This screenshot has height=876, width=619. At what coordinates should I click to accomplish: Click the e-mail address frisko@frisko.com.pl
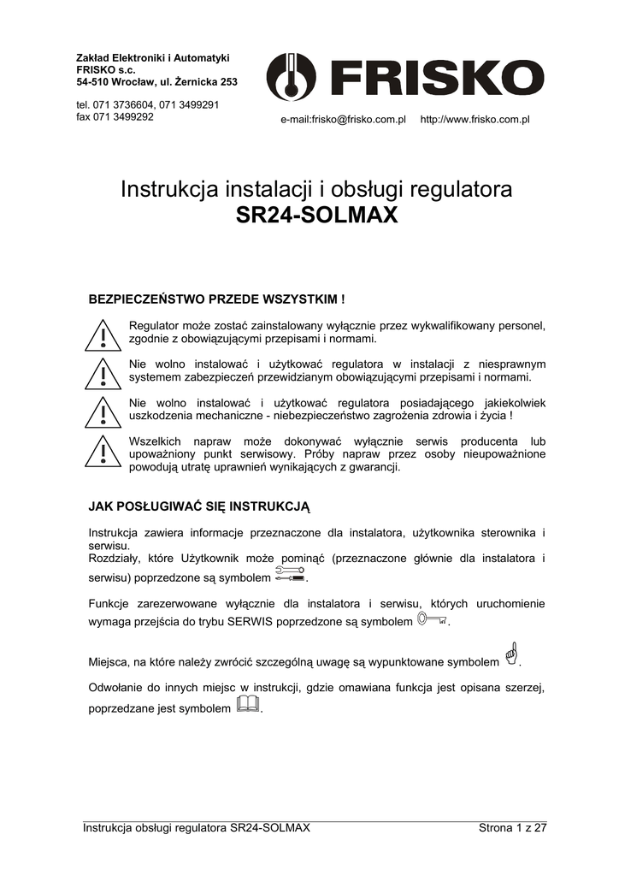coord(343,119)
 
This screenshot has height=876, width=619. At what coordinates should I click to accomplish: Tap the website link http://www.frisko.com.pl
coord(475,119)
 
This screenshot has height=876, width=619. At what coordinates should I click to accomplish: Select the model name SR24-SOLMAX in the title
coord(316,216)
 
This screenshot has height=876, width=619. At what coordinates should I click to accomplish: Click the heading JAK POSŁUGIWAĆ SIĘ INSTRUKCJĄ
coord(199,506)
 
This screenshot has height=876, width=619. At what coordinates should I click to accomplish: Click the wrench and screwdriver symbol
coord(291,574)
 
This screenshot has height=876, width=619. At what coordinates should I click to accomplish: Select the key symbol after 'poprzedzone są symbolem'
coord(432,619)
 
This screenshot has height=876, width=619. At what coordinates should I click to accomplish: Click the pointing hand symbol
coord(510,654)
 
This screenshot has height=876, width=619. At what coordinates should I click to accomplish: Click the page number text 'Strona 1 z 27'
coord(512,827)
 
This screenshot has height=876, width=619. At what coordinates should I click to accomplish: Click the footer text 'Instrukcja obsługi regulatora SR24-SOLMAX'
coord(196,827)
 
